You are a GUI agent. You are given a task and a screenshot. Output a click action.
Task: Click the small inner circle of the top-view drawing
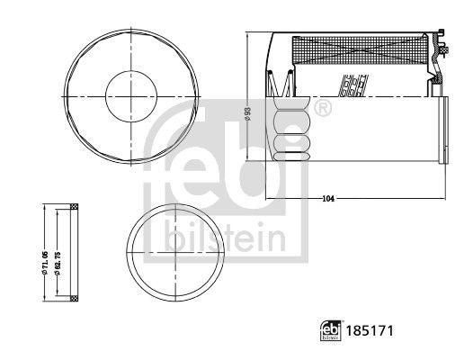pos(132,94)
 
